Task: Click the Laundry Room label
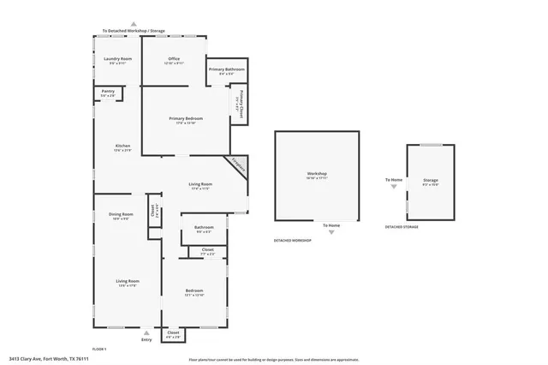(x=118, y=58)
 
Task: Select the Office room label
(x=174, y=58)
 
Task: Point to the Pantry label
(x=108, y=91)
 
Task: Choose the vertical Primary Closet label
(x=241, y=104)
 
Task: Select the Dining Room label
(x=121, y=214)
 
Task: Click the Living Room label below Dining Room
(x=128, y=281)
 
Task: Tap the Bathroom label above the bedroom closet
(x=204, y=227)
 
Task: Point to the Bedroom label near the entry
(x=194, y=291)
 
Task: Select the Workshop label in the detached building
(x=318, y=174)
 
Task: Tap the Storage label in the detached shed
(x=430, y=180)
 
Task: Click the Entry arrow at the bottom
(x=146, y=332)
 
